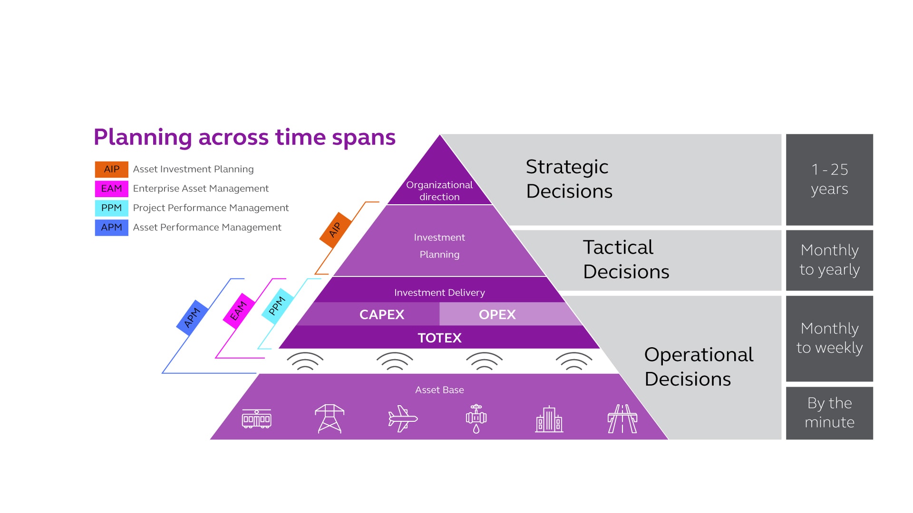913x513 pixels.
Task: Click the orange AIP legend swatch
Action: pos(111,169)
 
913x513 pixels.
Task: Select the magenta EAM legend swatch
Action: pos(111,189)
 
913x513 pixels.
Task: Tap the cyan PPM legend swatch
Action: pos(111,208)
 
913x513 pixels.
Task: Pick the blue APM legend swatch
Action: pos(111,228)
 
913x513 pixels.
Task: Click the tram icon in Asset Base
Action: pos(257,419)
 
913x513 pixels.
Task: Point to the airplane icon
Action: pos(402,419)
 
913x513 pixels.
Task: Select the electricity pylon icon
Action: pos(330,419)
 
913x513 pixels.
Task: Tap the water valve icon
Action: pos(476,419)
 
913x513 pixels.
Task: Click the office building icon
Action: pos(549,419)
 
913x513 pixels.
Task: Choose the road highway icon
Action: pos(622,419)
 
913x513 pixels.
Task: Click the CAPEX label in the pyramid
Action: pos(382,314)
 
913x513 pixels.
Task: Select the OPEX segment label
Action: pos(497,314)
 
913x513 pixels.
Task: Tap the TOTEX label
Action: pos(439,338)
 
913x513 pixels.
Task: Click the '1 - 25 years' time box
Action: pos(829,180)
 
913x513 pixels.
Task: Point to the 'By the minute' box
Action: pos(829,413)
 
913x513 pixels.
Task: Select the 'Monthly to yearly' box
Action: pos(829,260)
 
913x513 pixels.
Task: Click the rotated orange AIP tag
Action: pos(335,230)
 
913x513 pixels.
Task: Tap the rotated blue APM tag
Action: pos(192,318)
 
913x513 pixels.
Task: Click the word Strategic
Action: pos(567,167)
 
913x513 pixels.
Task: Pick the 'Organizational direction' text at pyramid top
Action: pos(439,190)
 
